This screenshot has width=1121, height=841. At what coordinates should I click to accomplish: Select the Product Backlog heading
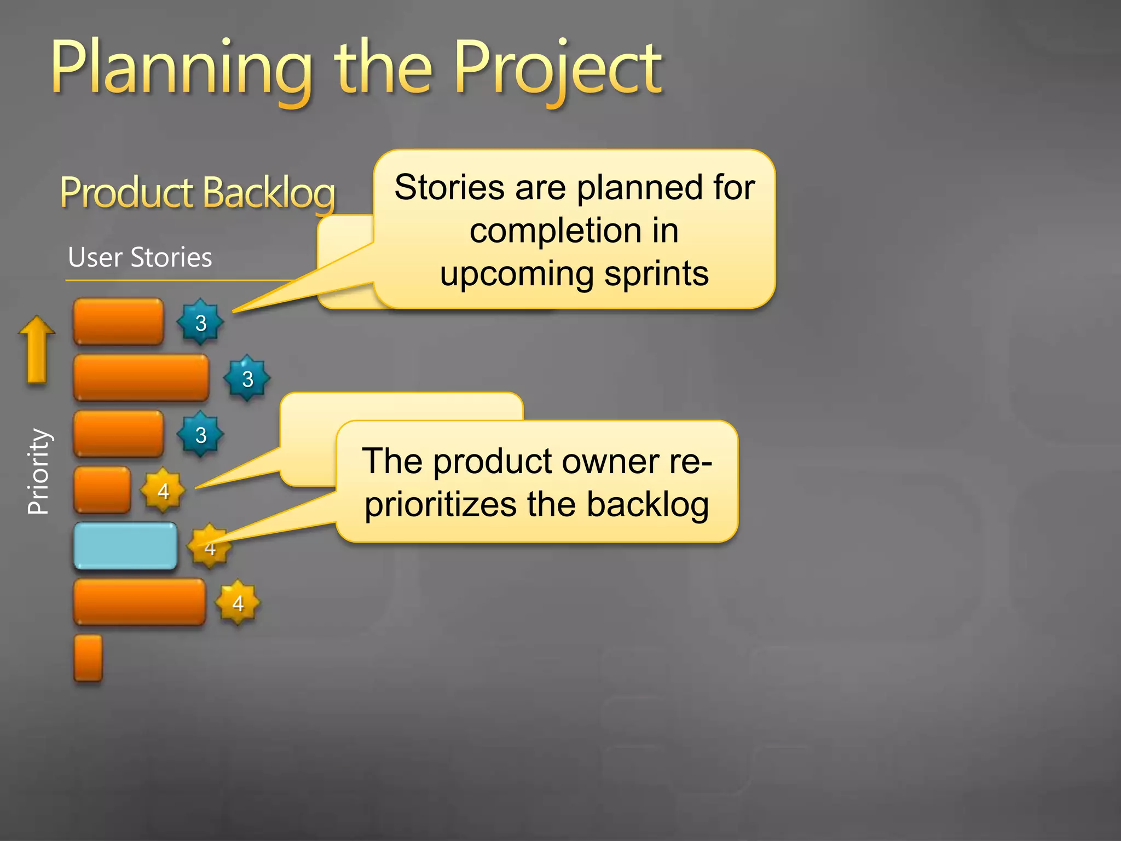197,193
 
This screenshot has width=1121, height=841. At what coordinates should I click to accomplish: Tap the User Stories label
140,257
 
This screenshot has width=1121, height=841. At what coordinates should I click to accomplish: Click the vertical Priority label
38,471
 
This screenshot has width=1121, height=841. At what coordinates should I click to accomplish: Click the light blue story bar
125,546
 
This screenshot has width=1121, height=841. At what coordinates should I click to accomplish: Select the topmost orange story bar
118,321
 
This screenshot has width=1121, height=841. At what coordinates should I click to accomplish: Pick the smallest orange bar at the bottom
88,658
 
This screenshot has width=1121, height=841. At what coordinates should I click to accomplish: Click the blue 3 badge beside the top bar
200,322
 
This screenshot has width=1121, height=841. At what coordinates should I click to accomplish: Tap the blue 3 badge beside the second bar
247,378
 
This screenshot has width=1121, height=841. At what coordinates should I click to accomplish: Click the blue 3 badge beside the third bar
200,435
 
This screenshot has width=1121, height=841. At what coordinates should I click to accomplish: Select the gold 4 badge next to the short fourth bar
163,491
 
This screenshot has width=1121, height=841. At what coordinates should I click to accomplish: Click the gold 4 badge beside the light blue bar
209,547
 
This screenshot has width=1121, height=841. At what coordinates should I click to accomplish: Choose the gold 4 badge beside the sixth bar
238,603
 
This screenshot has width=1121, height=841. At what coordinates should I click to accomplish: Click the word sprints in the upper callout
656,273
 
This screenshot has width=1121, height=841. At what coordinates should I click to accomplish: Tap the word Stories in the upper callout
449,187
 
